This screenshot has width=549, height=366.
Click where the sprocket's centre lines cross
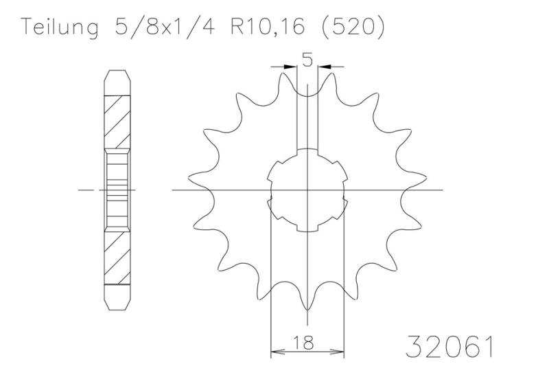click(307, 190)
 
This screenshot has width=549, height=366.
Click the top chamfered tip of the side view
click(116, 75)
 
